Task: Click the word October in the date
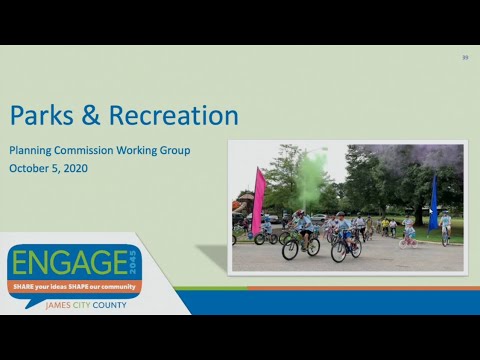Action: click(x=31, y=168)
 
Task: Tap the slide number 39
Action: click(x=465, y=58)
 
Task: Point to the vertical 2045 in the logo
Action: click(x=136, y=264)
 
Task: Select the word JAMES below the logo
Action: click(x=49, y=305)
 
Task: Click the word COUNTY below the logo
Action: click(x=107, y=305)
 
